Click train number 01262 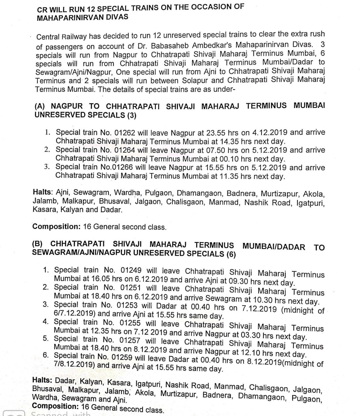[122, 133]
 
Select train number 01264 [122, 150]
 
